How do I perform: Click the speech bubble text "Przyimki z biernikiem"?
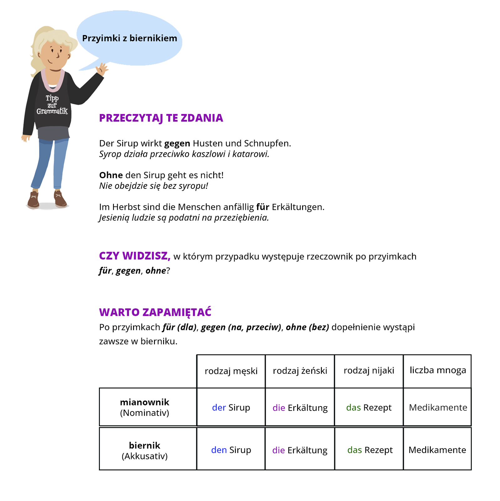click(129, 38)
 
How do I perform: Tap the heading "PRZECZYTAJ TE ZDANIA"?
click(161, 118)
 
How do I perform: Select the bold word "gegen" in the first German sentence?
click(177, 143)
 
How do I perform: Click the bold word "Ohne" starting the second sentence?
click(111, 175)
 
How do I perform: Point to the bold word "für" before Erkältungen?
click(263, 207)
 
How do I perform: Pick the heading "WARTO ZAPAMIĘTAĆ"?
click(155, 312)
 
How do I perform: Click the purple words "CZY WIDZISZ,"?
click(135, 256)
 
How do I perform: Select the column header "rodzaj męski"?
click(231, 371)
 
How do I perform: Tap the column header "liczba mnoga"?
click(438, 370)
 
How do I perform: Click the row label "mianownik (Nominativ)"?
click(145, 407)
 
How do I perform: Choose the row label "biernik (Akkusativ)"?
click(145, 451)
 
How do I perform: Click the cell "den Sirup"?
click(231, 450)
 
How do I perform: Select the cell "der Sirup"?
click(231, 407)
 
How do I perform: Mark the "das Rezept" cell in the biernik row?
click(370, 450)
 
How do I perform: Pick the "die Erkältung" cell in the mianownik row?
click(300, 408)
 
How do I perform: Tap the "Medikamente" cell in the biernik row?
click(437, 450)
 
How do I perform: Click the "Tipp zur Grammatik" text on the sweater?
click(52, 105)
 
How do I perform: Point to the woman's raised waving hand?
click(102, 69)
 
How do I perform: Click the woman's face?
click(54, 55)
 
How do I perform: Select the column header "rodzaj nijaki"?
click(369, 370)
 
